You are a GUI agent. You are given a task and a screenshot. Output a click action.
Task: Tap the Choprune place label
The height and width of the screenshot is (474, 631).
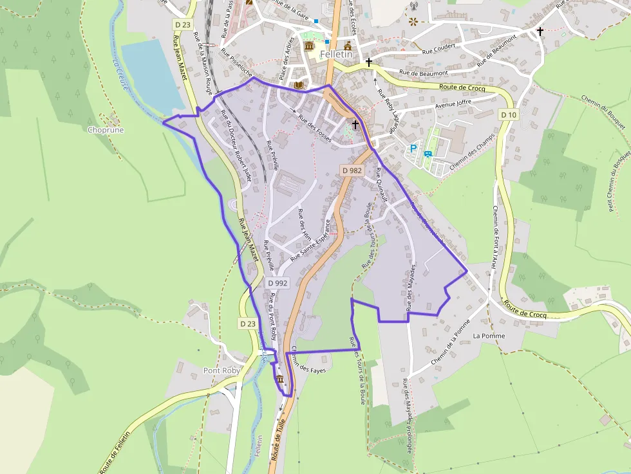(x=106, y=130)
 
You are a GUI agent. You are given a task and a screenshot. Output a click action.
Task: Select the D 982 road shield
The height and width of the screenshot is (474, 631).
(x=352, y=170)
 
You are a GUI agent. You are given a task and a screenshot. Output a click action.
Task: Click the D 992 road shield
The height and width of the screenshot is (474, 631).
(x=277, y=283)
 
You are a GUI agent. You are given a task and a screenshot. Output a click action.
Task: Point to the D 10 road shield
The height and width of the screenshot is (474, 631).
(x=509, y=114)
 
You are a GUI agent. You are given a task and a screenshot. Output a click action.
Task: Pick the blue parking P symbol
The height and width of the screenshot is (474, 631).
(x=413, y=148)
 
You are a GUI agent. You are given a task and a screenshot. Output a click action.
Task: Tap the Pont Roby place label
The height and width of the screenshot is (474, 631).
(x=221, y=371)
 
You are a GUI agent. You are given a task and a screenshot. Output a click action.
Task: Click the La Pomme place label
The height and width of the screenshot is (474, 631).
(x=489, y=336)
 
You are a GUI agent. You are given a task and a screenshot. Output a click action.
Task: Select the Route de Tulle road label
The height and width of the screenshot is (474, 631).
(x=279, y=444)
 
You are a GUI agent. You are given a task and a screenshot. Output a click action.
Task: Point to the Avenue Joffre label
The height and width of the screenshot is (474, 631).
(x=453, y=102)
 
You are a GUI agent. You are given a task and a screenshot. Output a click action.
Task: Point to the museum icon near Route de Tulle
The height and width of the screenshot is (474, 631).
(x=280, y=380)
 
